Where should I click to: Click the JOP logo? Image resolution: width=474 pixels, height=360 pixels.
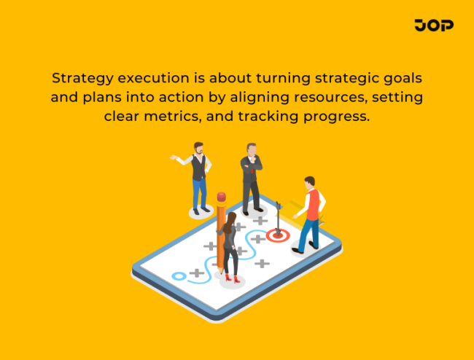[434, 26]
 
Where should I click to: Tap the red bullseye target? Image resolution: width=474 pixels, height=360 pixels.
[277, 235]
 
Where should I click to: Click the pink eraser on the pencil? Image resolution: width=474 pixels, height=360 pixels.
[221, 197]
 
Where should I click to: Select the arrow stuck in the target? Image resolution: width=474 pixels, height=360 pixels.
[279, 219]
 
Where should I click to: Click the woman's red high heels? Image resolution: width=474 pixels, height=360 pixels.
[232, 278]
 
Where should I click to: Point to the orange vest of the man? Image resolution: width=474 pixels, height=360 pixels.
[312, 204]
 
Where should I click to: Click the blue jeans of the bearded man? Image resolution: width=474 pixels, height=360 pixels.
[199, 193]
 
